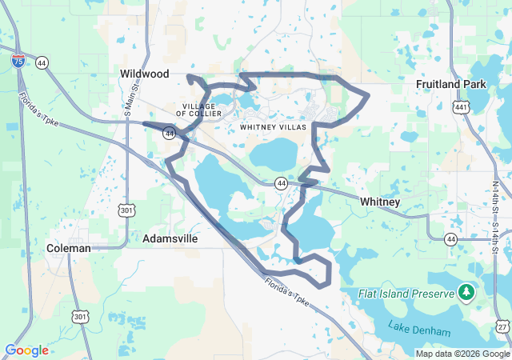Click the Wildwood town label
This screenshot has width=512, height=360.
click(x=145, y=74)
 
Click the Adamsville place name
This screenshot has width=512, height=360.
click(x=170, y=238)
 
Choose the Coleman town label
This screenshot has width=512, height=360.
click(x=68, y=248)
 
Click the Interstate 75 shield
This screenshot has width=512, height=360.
click(x=18, y=60)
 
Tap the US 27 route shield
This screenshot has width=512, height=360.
click(x=502, y=327)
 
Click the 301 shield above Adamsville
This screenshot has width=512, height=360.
click(x=126, y=210)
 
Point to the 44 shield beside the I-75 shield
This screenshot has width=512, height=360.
click(x=40, y=61)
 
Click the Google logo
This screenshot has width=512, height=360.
click(x=26, y=350)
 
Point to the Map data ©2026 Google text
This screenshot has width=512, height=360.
click(x=462, y=354)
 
